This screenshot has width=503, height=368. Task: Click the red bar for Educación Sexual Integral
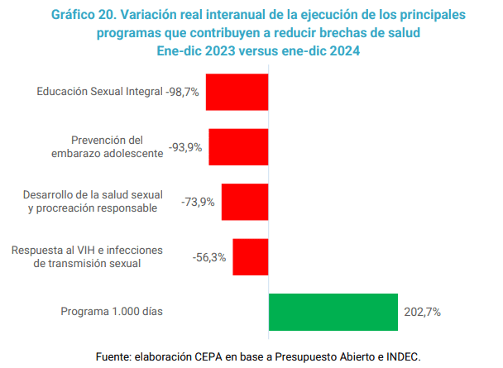(237, 93)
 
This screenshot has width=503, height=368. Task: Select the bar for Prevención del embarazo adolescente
(238, 147)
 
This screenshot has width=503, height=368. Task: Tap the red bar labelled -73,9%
(245, 202)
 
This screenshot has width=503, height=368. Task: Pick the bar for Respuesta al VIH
(250, 256)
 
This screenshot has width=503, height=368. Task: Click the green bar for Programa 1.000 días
(333, 312)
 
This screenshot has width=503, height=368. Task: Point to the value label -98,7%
(183, 93)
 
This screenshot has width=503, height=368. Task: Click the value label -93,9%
(185, 147)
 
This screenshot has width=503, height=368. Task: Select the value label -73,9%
(199, 202)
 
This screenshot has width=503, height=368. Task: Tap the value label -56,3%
(209, 256)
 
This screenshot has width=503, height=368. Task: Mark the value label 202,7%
(422, 312)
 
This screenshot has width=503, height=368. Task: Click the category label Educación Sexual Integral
(99, 93)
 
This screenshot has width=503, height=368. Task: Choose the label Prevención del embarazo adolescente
(108, 147)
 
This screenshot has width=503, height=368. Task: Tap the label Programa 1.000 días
(112, 312)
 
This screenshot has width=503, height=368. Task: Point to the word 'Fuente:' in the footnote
(115, 356)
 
